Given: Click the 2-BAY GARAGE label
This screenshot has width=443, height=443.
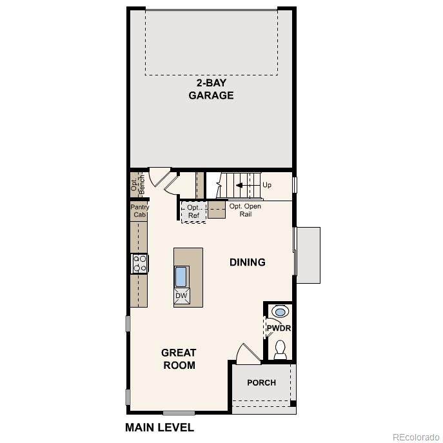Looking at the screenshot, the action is point(211,89).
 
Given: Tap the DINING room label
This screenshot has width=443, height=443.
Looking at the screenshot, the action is point(248,262).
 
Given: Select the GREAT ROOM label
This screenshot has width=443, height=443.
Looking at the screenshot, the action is point(179,359).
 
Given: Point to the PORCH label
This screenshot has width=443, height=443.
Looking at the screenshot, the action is point(261,382).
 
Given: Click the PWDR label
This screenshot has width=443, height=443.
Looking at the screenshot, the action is point(279,328).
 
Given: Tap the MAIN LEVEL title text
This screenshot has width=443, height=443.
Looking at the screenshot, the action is point(160,427).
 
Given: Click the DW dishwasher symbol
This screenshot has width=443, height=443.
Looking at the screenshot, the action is point(181,296).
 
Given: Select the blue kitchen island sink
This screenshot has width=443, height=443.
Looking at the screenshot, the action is point(181,277).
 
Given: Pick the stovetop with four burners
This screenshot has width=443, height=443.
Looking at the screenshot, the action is point(140,263).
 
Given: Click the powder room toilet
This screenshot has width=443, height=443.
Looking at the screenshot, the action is point(281,349).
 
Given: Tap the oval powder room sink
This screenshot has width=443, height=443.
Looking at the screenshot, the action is point(280,312).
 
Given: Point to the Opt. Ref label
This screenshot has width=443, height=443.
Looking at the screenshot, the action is point(193,212).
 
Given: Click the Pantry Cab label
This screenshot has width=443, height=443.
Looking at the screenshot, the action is point(139,211).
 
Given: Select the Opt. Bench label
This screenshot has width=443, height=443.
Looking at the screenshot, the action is point(138,184).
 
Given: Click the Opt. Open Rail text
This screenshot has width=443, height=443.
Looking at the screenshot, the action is point(245,210).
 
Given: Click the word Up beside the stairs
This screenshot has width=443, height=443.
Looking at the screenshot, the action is point(267,185).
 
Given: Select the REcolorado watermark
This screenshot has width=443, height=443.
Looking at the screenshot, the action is point(416,437).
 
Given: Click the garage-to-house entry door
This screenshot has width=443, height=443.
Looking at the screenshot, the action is point(161,177).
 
